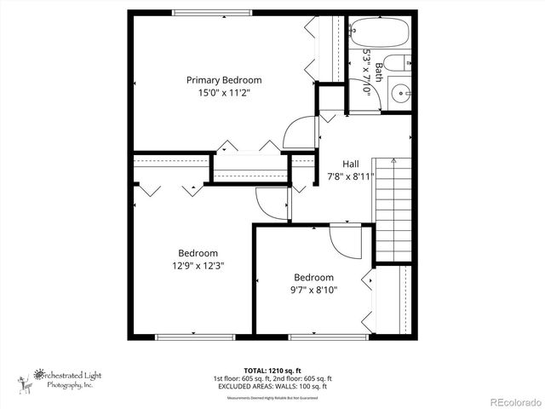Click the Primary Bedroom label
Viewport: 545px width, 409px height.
(x=223, y=80)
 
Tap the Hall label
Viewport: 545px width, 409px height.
(x=351, y=164)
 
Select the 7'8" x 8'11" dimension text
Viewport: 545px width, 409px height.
(x=351, y=177)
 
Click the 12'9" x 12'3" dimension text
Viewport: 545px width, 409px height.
(x=198, y=265)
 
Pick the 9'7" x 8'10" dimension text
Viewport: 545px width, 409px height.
(x=314, y=290)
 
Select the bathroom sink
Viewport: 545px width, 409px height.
(x=399, y=93)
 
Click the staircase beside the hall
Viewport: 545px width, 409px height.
(x=393, y=210)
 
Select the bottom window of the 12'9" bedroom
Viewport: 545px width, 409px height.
(x=183, y=337)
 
